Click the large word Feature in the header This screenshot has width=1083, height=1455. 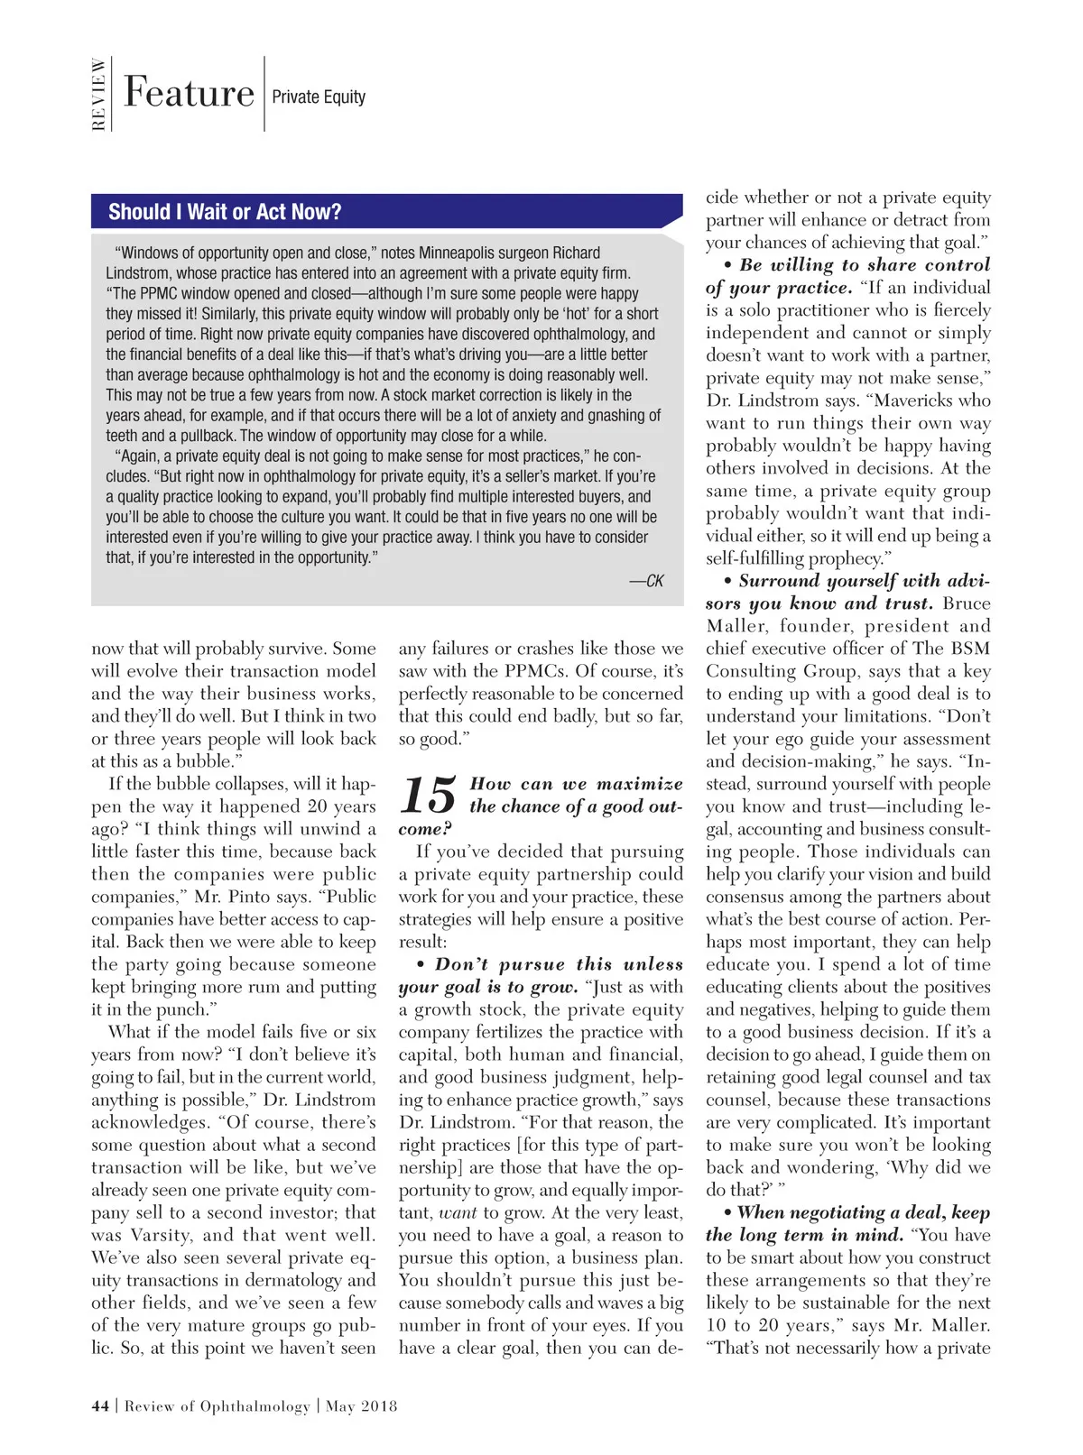pyautogui.click(x=189, y=93)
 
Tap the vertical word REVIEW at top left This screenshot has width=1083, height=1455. pyautogui.click(x=98, y=94)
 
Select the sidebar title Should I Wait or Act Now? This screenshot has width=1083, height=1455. pyautogui.click(x=225, y=212)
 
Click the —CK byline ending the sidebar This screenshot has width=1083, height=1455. pyautogui.click(x=646, y=581)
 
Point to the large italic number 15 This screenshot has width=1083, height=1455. pyautogui.click(x=428, y=796)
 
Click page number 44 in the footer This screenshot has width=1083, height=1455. pyautogui.click(x=100, y=1405)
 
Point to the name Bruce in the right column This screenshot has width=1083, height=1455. pyautogui.click(x=967, y=603)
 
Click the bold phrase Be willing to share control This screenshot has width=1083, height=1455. pyautogui.click(x=865, y=265)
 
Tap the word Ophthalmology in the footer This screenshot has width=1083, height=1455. pyautogui.click(x=255, y=1405)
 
